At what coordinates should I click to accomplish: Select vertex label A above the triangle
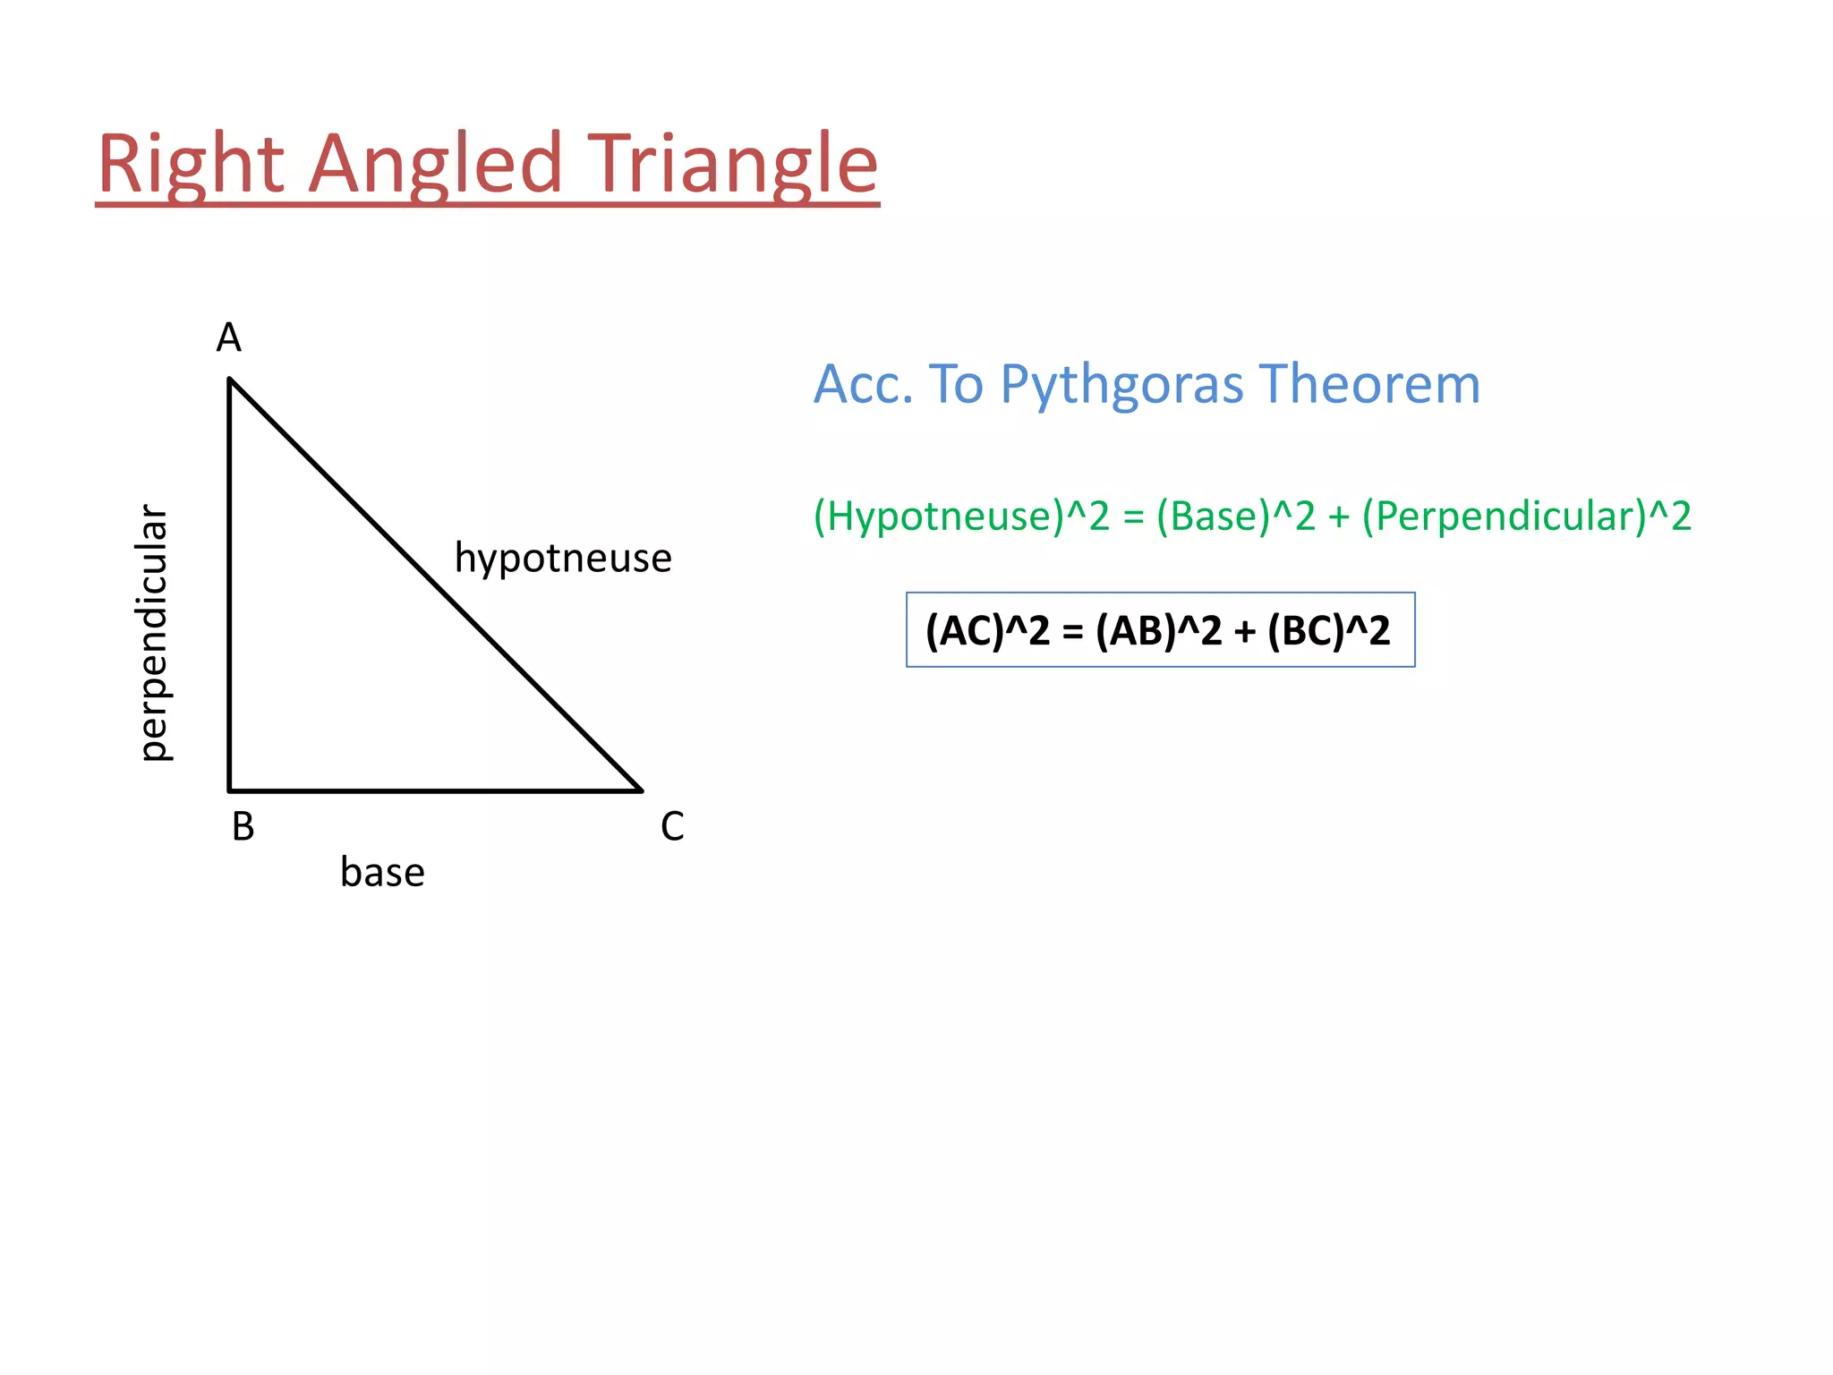click(x=229, y=338)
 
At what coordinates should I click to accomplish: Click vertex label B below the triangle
click(x=243, y=826)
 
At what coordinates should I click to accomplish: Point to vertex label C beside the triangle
click(x=672, y=826)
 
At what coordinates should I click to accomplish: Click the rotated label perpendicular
click(x=154, y=633)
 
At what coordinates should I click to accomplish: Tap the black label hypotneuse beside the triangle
click(x=563, y=558)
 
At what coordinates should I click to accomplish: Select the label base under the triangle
click(x=382, y=872)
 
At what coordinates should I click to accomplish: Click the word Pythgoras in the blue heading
click(x=1121, y=385)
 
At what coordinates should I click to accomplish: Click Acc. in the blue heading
click(x=863, y=385)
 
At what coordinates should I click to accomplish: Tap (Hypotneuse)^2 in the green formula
click(x=960, y=517)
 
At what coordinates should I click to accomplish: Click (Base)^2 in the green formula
click(x=1235, y=517)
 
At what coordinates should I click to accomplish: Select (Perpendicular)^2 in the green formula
click(x=1526, y=517)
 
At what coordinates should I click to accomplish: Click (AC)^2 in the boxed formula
click(x=986, y=630)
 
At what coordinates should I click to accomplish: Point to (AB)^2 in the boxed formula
click(x=1157, y=630)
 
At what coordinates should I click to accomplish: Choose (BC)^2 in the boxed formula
click(x=1328, y=630)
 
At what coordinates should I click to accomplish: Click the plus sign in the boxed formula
click(x=1244, y=632)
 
